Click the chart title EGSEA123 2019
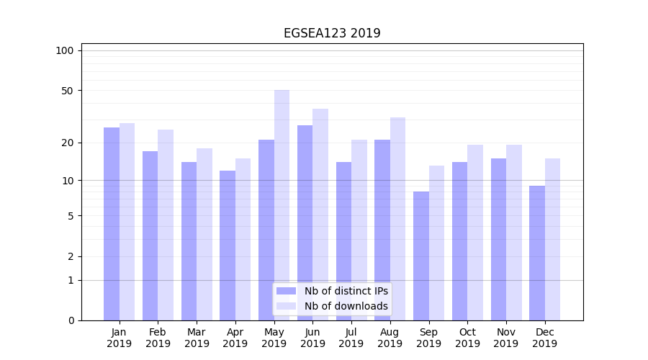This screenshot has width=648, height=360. [x=332, y=33]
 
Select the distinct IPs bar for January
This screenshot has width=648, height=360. [x=112, y=223]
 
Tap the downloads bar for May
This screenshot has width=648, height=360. [x=282, y=205]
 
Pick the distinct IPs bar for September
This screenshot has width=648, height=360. [x=421, y=256]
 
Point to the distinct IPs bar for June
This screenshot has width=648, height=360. [x=305, y=222]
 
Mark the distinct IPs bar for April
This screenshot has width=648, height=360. [x=228, y=245]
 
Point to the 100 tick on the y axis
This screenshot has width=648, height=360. [x=65, y=50]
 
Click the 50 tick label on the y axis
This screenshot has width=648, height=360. [x=68, y=91]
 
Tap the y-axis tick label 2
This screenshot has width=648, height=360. [x=71, y=256]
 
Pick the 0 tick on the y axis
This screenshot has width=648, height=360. [x=71, y=320]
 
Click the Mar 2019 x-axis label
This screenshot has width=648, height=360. [x=197, y=338]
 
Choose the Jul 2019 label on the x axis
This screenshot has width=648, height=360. [x=351, y=338]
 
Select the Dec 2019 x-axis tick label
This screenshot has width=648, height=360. [x=544, y=338]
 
